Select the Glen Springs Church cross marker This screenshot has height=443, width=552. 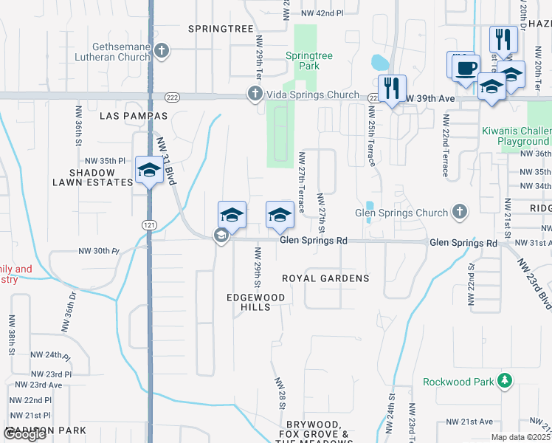coord(459,213)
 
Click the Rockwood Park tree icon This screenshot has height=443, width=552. coord(505,381)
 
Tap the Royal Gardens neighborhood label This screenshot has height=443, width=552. coord(325,278)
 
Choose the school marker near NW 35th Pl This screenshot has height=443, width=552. coord(149,171)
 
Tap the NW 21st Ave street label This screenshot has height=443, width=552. coord(469,422)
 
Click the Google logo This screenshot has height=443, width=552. coord(24,435)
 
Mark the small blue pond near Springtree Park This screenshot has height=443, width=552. coord(379,61)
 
